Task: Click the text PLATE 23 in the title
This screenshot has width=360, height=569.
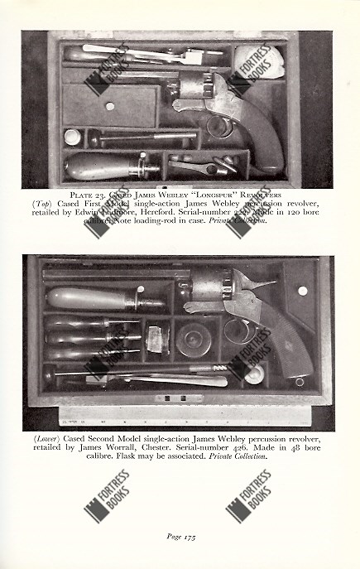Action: pos(88,195)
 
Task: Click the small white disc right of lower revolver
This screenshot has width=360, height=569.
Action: pos(303,292)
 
